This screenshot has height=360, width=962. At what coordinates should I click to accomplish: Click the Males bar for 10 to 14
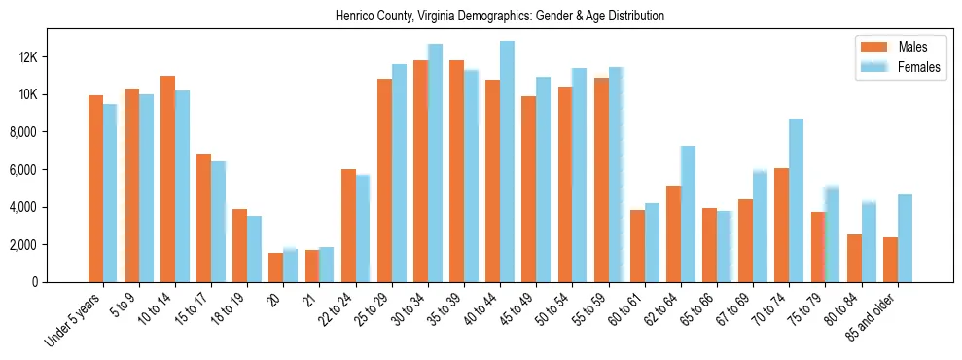(x=167, y=179)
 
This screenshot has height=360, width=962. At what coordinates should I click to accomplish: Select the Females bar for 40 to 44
(x=507, y=162)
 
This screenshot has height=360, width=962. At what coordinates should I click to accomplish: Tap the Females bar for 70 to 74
(x=796, y=200)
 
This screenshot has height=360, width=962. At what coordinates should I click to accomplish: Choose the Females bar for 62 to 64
(x=688, y=214)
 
